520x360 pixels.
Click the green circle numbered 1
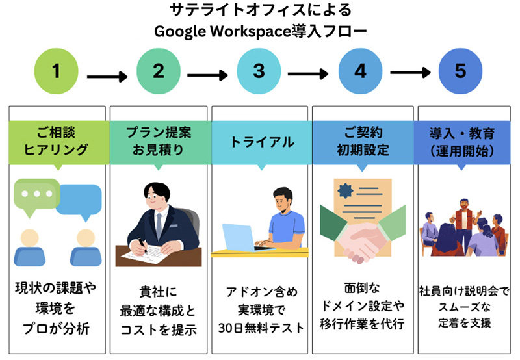[57, 70]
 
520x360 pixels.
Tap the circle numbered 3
[259, 70]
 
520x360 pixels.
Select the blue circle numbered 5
[461, 70]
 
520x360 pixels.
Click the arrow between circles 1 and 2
[107, 77]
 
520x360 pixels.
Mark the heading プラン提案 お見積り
[159, 142]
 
